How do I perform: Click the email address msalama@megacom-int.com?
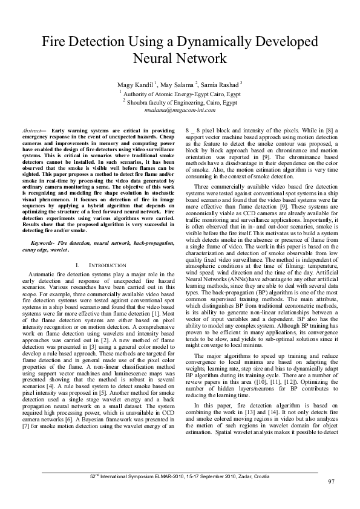[x=180, y=112]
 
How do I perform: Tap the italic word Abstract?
[x=31, y=131]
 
